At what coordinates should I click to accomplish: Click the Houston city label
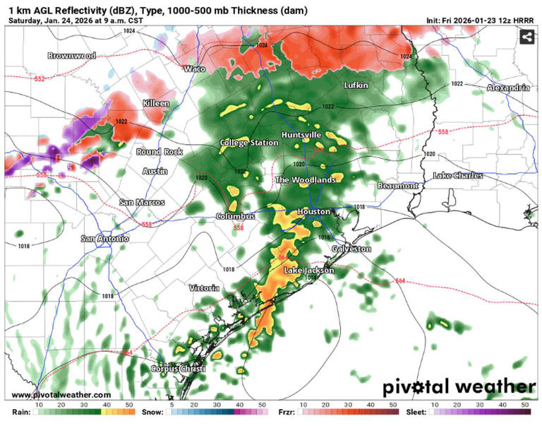pos(313,211)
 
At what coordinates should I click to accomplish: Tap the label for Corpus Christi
pos(178,369)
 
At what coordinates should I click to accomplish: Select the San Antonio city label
pos(104,239)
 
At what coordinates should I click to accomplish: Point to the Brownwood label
pos(71,55)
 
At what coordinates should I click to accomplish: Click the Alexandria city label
pos(508,88)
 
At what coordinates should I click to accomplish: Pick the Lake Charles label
pos(458,175)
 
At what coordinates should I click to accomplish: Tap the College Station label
pos(249,143)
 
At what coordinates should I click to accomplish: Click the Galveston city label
pos(351,249)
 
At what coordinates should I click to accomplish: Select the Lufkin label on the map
pos(356,85)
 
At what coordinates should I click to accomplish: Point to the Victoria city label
pos(204,288)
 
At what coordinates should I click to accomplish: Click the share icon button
pos(526,37)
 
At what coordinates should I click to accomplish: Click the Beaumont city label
pos(398,185)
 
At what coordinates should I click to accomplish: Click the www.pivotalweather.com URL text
pos(61,395)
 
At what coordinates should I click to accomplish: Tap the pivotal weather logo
pos(459,387)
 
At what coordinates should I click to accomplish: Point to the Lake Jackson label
pos(308,271)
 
